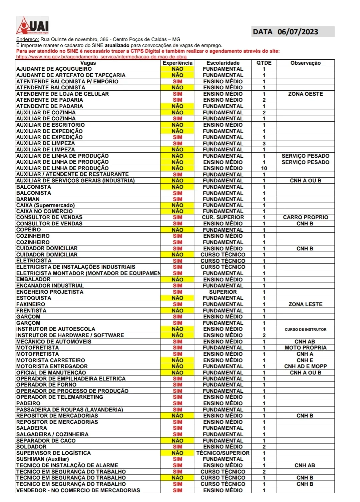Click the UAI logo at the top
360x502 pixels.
click(x=33, y=26)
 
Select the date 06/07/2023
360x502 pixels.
click(x=298, y=32)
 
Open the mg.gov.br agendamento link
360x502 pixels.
click(x=101, y=57)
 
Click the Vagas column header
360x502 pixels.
click(x=88, y=63)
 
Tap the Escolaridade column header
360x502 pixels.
click(x=223, y=63)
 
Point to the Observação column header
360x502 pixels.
click(x=305, y=63)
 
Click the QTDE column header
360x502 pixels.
click(x=264, y=63)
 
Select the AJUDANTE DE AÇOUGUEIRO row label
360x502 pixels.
click(x=54, y=69)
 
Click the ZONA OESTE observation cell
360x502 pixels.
click(x=305, y=94)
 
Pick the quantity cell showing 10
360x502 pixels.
click(x=264, y=168)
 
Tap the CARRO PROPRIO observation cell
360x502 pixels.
click(x=305, y=217)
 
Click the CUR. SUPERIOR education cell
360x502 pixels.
click(x=223, y=217)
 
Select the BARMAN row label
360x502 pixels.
click(x=28, y=199)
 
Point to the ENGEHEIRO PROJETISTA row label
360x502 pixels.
click(x=50, y=292)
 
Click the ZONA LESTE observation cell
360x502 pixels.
click(x=305, y=304)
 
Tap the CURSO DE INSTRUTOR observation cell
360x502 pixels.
click(x=305, y=329)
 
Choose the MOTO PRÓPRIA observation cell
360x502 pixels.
click(x=305, y=348)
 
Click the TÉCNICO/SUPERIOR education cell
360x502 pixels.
click(x=223, y=453)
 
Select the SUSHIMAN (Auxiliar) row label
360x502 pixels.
click(x=43, y=459)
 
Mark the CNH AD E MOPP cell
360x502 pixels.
click(x=305, y=366)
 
